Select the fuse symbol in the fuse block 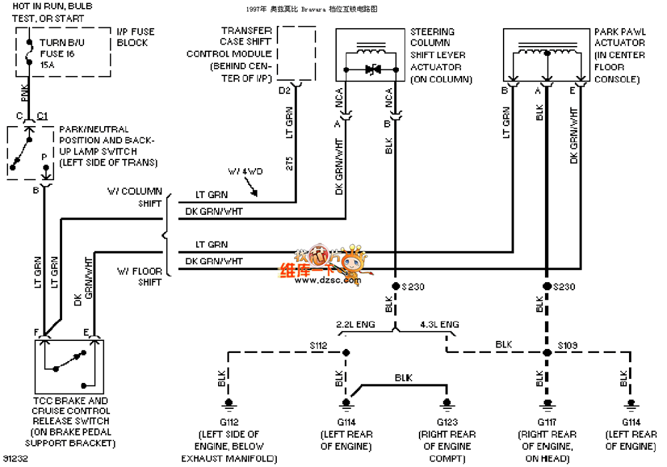click(x=27, y=53)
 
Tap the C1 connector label click(x=42, y=115)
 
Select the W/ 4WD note click(x=245, y=171)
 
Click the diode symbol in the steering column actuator click(x=371, y=69)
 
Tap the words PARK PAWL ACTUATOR click(x=620, y=43)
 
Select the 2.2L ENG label click(x=356, y=325)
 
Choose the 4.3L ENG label click(x=440, y=325)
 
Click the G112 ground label click(x=229, y=422)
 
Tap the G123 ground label click(x=447, y=422)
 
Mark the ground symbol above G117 click(x=546, y=403)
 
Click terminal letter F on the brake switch click(x=35, y=332)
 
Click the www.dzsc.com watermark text click(x=319, y=281)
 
